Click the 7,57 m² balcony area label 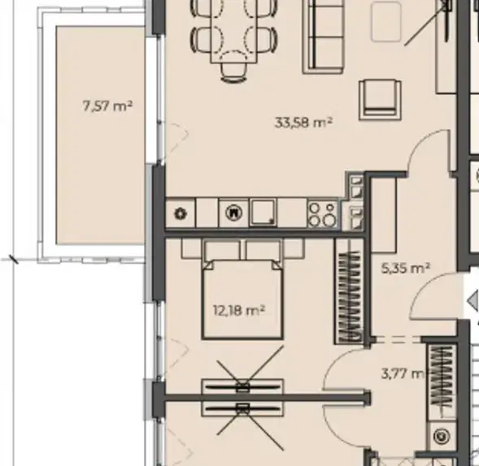107,106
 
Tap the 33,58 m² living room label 303,123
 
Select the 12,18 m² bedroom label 239,311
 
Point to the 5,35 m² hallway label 406,268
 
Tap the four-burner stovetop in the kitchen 322,214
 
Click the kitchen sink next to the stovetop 263,212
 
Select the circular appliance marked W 233,212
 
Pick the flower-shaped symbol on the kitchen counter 181,214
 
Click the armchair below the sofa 380,100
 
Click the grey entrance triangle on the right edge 473,300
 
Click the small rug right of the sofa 386,21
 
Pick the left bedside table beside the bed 192,248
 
